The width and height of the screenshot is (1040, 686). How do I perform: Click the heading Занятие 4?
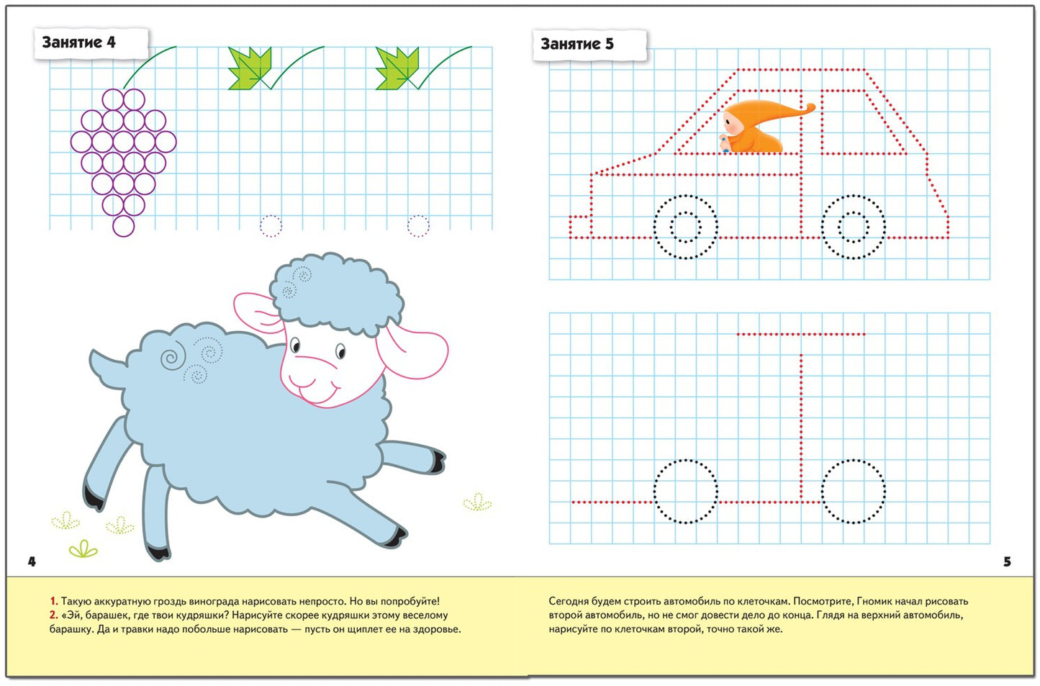[78, 42]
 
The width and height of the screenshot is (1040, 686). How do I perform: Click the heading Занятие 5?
[577, 44]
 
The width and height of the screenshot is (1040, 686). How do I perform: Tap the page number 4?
[32, 561]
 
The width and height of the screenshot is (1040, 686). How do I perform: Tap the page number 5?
[1007, 561]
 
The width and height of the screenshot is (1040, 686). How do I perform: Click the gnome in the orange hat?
[761, 127]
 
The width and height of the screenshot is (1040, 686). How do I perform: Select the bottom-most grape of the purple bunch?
[124, 226]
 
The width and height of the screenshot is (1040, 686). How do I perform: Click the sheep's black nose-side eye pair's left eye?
[295, 346]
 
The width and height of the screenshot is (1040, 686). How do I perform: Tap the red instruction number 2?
[53, 615]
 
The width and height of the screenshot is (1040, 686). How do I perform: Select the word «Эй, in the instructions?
[71, 615]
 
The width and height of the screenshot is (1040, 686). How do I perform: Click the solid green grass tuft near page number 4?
[83, 549]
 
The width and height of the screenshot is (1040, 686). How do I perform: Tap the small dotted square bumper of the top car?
[580, 227]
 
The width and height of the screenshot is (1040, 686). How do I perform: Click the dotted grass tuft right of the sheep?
[477, 502]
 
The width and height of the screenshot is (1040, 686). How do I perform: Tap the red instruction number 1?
[53, 601]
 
